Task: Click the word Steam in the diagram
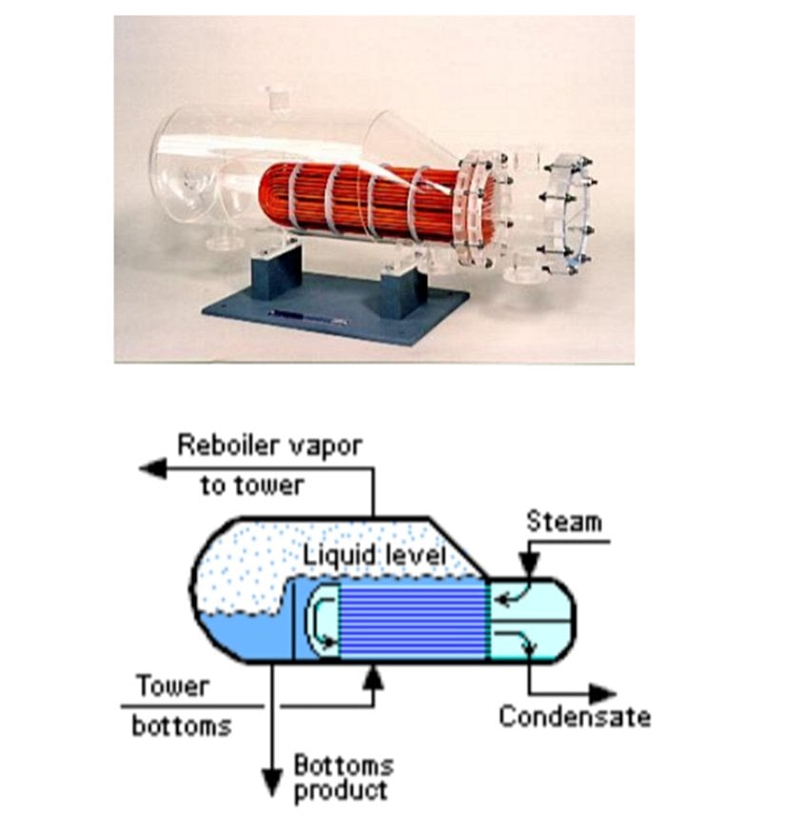(x=564, y=522)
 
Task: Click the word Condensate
(x=574, y=716)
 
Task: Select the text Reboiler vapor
(x=270, y=445)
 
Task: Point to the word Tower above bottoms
(x=171, y=686)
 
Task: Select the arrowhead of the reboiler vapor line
(x=148, y=466)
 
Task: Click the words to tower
(x=251, y=485)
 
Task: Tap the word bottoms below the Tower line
(x=181, y=725)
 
